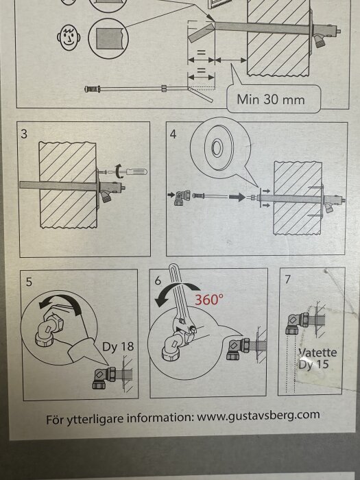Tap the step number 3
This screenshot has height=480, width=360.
click(x=25, y=134)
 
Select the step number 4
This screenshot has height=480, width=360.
click(x=173, y=134)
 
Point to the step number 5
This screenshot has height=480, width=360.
click(x=29, y=281)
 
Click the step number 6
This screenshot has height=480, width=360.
click(x=158, y=281)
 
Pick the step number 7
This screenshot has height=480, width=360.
click(x=287, y=280)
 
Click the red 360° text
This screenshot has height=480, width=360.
click(x=210, y=300)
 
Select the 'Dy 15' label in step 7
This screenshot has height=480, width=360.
click(x=313, y=365)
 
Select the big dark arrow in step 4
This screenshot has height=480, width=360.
click(x=235, y=196)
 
